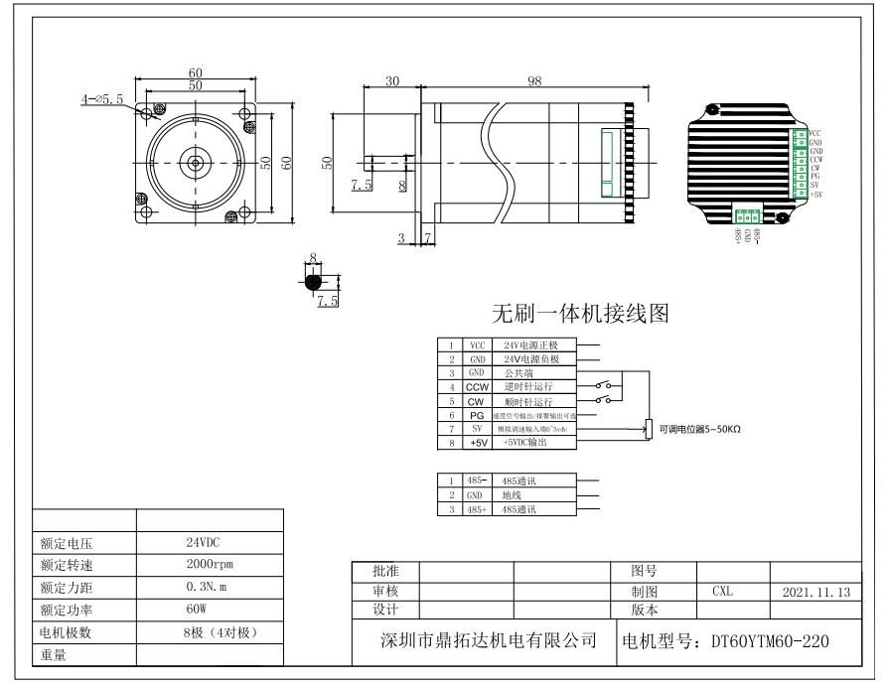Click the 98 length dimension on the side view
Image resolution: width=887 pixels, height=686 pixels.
tap(535, 82)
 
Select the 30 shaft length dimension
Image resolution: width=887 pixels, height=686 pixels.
tap(391, 82)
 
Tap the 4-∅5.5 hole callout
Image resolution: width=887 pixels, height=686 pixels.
tap(102, 99)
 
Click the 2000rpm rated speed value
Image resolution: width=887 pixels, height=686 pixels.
tap(208, 565)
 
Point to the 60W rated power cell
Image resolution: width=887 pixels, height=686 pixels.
tap(196, 610)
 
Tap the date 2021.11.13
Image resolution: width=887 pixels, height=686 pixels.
tap(816, 591)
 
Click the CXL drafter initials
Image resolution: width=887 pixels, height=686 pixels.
tap(722, 591)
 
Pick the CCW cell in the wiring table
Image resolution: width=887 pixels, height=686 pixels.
tap(478, 386)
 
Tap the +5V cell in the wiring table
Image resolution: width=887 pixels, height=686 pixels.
tap(478, 443)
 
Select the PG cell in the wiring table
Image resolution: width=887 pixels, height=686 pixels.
tap(478, 415)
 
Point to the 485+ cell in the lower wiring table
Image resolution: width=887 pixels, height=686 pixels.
tap(478, 509)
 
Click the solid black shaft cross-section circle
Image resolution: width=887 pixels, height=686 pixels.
tap(313, 282)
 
